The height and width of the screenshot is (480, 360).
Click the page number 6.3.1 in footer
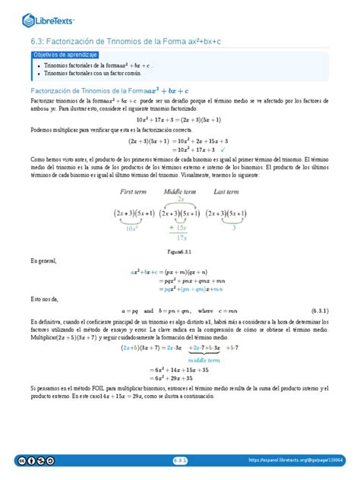(179, 460)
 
